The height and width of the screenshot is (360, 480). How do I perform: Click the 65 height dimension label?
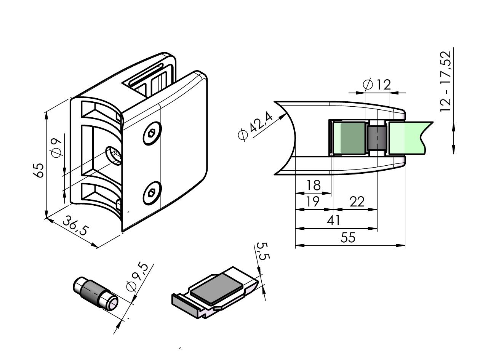(x=38, y=170)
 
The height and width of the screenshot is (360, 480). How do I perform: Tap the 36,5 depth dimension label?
(x=76, y=226)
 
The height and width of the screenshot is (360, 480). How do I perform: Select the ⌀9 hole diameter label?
(x=57, y=147)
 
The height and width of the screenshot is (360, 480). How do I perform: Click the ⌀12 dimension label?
(x=376, y=84)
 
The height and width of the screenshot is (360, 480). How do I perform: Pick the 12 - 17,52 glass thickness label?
(x=445, y=81)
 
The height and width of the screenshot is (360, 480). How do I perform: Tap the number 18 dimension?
(x=314, y=185)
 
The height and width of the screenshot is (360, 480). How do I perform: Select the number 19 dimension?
(x=313, y=201)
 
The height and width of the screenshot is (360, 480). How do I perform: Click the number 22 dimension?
(x=357, y=201)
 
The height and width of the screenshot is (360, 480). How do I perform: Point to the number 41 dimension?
(x=334, y=220)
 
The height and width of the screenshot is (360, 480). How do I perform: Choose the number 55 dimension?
(x=348, y=237)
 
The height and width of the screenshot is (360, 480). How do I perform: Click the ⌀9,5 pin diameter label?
(x=137, y=278)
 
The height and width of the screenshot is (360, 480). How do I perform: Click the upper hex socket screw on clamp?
(x=152, y=133)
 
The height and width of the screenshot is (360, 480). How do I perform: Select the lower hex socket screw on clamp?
(x=152, y=193)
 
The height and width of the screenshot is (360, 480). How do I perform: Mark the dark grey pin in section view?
(x=376, y=138)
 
